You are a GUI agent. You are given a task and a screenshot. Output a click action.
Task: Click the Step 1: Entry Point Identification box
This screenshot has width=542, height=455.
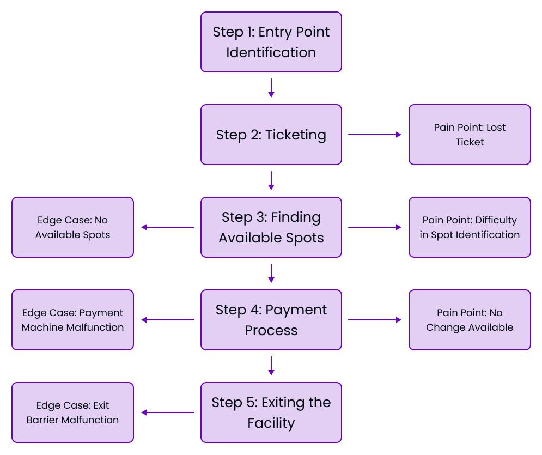click(x=271, y=42)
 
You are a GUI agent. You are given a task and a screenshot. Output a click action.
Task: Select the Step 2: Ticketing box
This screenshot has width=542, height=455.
click(x=271, y=135)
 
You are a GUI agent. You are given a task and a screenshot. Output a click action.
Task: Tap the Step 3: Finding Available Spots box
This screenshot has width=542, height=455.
click(x=271, y=227)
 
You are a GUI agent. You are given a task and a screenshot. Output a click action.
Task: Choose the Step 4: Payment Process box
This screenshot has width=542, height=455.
click(x=271, y=320)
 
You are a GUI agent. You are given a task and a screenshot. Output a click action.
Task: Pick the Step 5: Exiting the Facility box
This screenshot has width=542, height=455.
click(x=271, y=412)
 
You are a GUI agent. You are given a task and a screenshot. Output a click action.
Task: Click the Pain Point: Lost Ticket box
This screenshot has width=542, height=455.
click(x=470, y=135)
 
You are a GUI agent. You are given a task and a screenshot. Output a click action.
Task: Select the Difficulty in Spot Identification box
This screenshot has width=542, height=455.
click(x=470, y=227)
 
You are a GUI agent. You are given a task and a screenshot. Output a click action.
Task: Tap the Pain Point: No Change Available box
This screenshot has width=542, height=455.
click(x=470, y=320)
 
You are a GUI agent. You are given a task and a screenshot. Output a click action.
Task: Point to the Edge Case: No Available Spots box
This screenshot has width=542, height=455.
click(x=72, y=227)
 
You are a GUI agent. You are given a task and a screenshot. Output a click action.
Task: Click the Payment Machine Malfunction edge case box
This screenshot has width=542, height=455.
click(x=72, y=320)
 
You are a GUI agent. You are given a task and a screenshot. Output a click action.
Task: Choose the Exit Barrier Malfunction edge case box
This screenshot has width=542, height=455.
click(x=72, y=412)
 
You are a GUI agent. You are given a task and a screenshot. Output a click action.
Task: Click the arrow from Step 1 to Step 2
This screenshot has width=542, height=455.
click(x=271, y=88)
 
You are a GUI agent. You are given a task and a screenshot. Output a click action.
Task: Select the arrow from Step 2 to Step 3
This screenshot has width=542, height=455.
click(x=271, y=181)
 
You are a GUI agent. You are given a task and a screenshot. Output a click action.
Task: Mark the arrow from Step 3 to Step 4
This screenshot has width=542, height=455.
click(x=271, y=274)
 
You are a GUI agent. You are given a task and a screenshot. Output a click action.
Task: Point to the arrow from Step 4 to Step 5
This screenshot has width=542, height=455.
click(x=271, y=366)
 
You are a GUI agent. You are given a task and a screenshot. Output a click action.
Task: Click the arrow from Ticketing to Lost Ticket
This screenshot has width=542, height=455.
click(x=375, y=135)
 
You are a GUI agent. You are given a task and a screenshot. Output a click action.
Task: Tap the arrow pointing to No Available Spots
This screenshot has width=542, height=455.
click(x=168, y=227)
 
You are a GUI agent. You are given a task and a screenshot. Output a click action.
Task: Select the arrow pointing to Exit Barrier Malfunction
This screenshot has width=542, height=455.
click(x=168, y=412)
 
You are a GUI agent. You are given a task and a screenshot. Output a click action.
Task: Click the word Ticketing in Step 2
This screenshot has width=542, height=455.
click(x=296, y=135)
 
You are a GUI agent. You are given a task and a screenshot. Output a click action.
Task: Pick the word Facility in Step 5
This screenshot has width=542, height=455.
click(x=271, y=423)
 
